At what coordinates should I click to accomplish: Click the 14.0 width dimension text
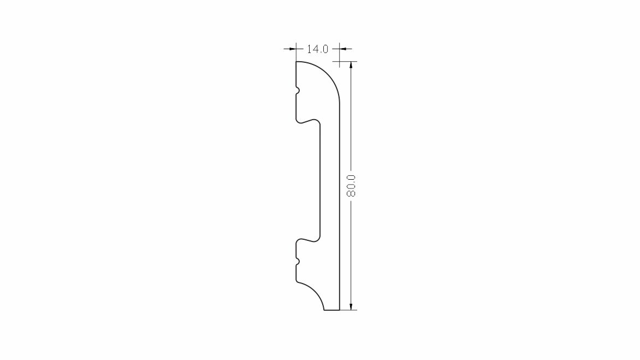[317, 49]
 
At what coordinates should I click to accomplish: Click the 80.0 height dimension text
[351, 186]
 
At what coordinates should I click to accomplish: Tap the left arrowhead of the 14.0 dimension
[292, 49]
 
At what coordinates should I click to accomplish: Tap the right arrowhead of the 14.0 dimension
[343, 49]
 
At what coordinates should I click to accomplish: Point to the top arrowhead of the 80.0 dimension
[351, 66]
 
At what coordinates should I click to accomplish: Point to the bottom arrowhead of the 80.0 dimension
[351, 306]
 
